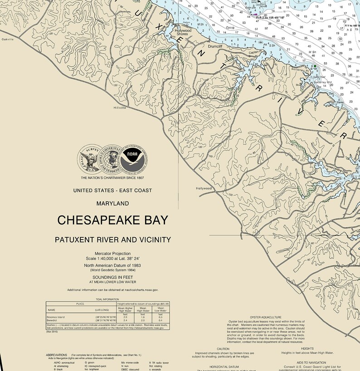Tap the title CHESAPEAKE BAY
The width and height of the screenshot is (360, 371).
point(112,220)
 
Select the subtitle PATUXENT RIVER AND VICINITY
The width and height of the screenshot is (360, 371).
point(112,239)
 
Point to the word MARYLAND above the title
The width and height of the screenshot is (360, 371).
point(112,204)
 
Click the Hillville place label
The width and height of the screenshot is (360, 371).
point(120,108)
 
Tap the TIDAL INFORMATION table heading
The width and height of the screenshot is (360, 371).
point(106,300)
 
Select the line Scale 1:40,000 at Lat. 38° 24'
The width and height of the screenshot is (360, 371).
point(112,258)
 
